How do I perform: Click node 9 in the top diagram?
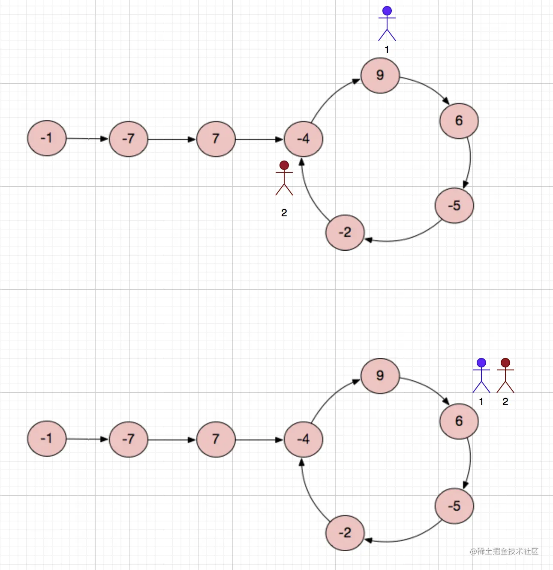pos(380,76)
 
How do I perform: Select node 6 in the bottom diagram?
pos(459,421)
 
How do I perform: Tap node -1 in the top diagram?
pos(47,138)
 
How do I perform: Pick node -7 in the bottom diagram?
pos(128,439)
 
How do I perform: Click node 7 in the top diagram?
pos(216,139)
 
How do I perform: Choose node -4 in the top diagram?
pos(303,139)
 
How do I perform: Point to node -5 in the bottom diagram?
pos(454,506)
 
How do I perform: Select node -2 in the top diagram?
pos(345,233)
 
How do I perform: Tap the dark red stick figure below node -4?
pos(284,178)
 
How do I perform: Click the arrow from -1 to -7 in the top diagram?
pos(87,139)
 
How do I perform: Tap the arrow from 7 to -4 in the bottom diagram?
pos(259,440)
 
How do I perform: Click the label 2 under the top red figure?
pos(284,213)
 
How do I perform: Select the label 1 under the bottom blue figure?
pos(481,402)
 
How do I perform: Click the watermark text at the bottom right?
pos(504,552)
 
